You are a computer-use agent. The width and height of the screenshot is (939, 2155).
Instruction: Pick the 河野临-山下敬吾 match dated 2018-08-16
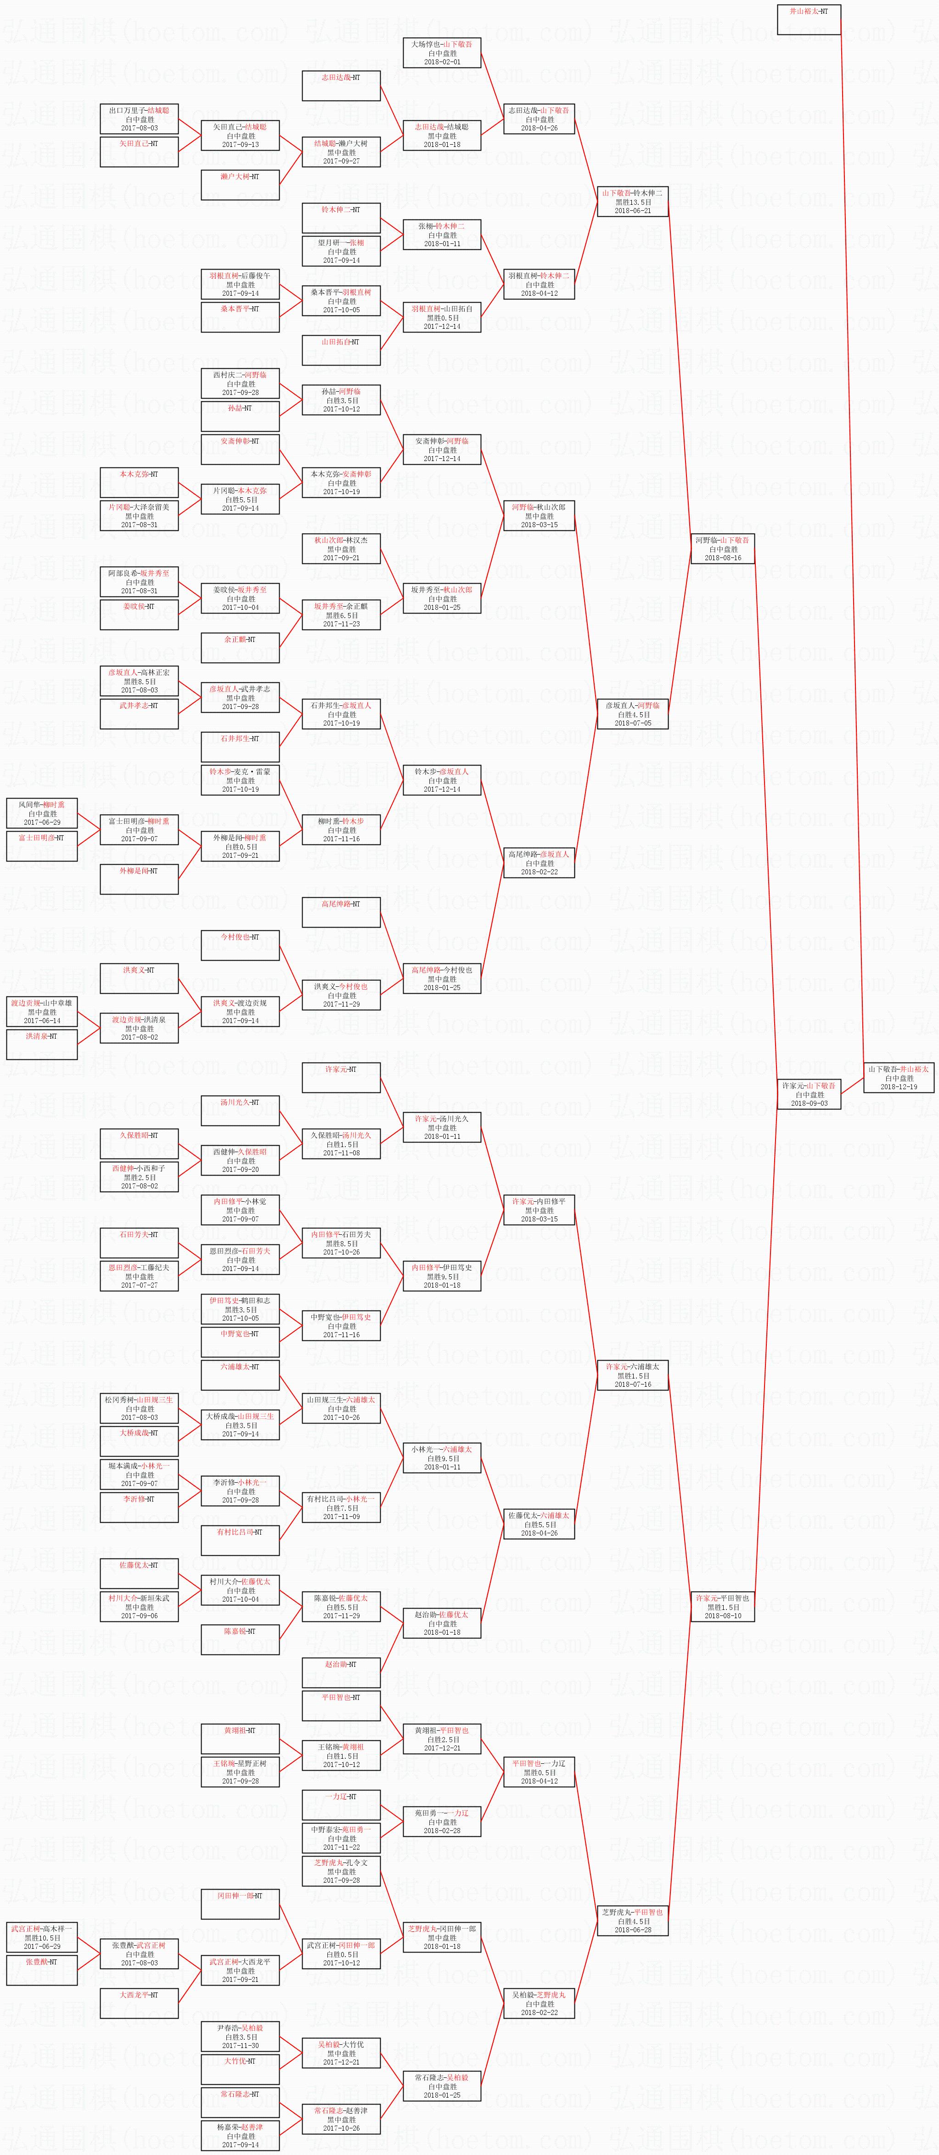coord(722,549)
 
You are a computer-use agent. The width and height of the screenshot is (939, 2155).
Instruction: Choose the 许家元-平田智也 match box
coord(722,1606)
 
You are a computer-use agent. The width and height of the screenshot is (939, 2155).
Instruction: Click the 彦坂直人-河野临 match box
coord(632,714)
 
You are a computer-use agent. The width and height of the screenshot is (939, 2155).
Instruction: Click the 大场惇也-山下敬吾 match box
coord(441,53)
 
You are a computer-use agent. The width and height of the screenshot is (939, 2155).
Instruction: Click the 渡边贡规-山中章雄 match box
coord(42,1012)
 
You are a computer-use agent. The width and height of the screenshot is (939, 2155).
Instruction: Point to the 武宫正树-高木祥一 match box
coord(42,1937)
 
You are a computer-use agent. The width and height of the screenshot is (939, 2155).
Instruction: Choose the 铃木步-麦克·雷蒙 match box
coord(240,780)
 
